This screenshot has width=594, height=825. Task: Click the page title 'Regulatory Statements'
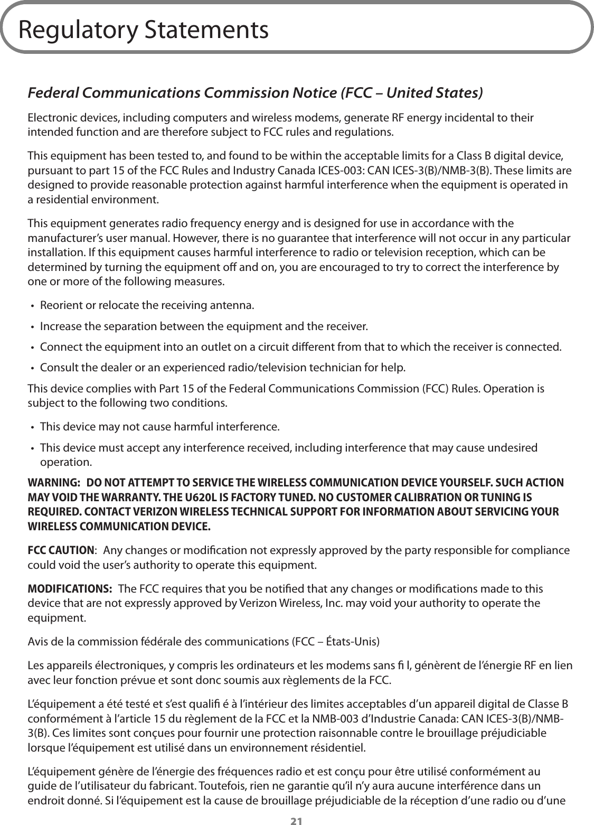click(x=143, y=30)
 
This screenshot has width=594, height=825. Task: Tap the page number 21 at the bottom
click(x=297, y=820)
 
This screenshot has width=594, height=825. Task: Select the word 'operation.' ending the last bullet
click(x=65, y=463)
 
